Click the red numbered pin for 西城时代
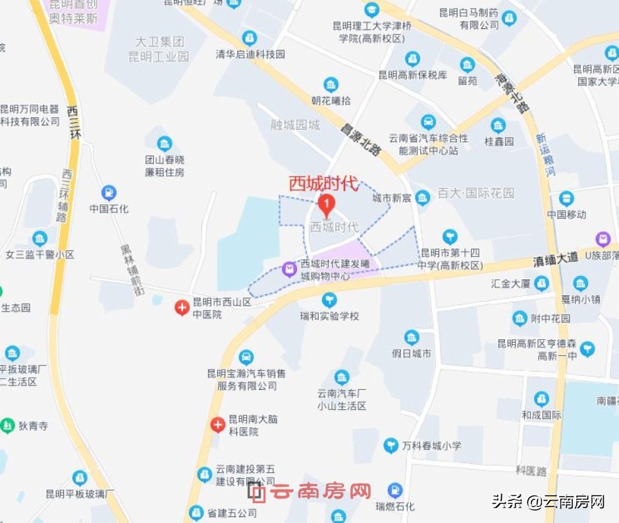(x=326, y=204)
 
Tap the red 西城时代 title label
(x=323, y=183)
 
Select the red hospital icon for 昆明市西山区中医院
(x=182, y=307)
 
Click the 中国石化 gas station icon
(x=109, y=193)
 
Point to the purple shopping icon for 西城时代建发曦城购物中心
(x=288, y=269)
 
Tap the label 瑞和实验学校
(x=330, y=316)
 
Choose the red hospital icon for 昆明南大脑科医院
(x=218, y=425)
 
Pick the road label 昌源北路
(x=360, y=140)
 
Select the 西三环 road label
(x=74, y=121)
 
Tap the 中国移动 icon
(x=566, y=199)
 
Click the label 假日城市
(x=412, y=354)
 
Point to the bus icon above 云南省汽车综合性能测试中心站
(x=428, y=122)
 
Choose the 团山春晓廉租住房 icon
(x=165, y=144)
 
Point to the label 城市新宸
(x=392, y=198)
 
